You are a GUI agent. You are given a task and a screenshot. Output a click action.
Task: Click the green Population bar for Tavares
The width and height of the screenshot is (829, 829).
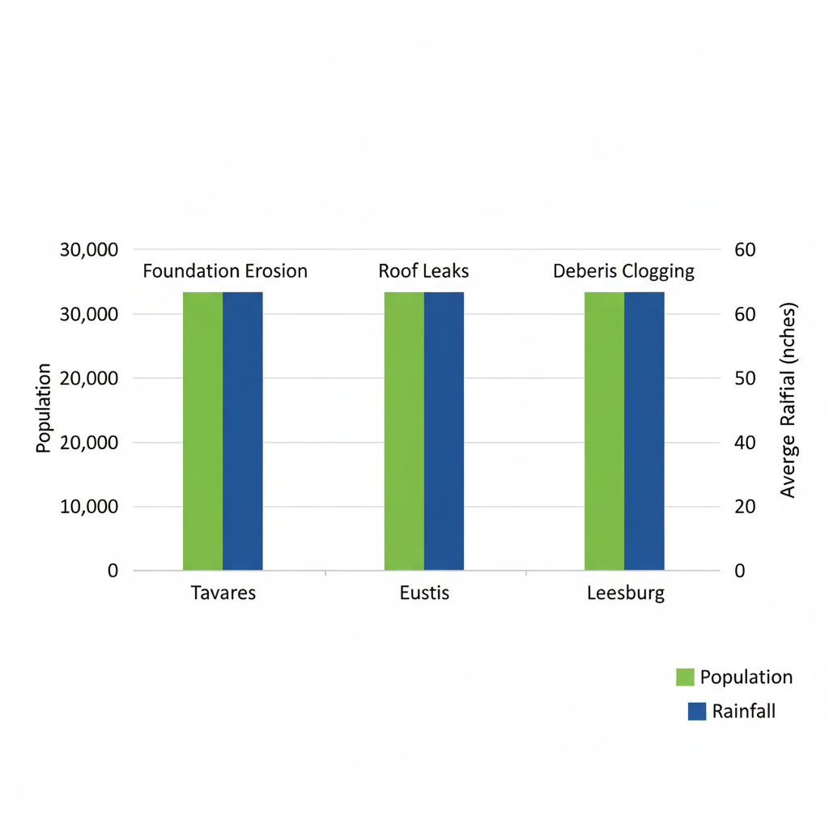[x=202, y=431]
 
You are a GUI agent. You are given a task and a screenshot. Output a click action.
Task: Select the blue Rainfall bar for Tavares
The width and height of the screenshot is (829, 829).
[x=243, y=431]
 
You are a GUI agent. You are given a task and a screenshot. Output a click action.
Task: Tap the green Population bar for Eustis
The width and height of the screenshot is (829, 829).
[x=404, y=431]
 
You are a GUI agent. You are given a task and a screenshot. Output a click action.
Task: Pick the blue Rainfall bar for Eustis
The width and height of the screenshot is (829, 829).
[x=444, y=431]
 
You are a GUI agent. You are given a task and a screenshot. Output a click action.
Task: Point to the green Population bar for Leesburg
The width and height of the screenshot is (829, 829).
[x=604, y=431]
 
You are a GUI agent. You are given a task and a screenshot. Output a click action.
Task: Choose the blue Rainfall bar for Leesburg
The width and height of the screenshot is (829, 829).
[x=644, y=431]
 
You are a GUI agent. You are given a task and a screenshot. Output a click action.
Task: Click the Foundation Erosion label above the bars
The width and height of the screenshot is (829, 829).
[x=225, y=271]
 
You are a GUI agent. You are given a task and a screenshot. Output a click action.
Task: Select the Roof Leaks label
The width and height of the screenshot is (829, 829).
[x=423, y=271]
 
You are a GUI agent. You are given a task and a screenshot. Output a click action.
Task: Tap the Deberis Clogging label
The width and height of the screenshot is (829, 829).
[x=623, y=271]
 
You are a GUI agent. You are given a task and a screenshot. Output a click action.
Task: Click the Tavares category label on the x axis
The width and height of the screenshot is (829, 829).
[x=223, y=593]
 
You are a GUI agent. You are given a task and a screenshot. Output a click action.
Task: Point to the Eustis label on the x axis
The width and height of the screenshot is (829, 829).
[x=424, y=593]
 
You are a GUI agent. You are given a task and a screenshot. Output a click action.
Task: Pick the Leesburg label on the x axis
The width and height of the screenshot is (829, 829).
[x=626, y=593]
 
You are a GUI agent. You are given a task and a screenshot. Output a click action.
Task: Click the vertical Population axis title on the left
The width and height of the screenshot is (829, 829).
[x=44, y=408]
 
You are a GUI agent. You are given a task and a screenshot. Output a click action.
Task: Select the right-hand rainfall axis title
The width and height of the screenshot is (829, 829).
[x=789, y=400]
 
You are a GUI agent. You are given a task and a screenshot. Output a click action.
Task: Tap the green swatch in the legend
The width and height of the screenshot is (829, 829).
[x=685, y=678]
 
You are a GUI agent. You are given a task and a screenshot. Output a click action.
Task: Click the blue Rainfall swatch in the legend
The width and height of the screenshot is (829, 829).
[x=697, y=712]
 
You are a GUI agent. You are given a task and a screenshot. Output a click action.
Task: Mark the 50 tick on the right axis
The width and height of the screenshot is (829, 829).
[x=745, y=378]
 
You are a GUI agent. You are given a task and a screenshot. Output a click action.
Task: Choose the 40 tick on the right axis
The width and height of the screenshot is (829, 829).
[x=745, y=443]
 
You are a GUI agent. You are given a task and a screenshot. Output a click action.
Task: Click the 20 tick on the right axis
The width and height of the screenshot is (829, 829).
[x=745, y=507]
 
